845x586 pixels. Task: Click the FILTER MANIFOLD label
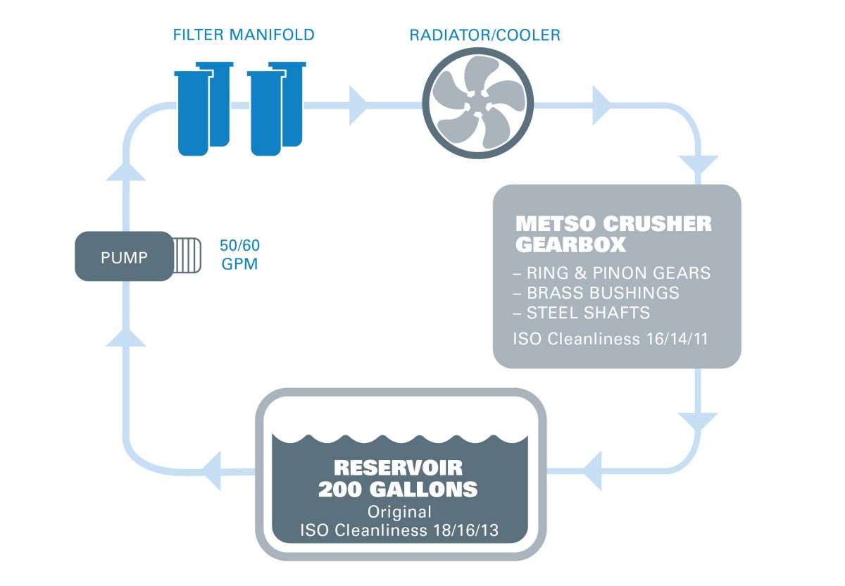coord(244,35)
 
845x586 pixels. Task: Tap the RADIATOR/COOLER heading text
coord(485,35)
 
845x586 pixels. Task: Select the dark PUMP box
coord(124,256)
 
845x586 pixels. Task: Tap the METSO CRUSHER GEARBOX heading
coord(613,234)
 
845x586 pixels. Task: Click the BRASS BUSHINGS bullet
coord(603,292)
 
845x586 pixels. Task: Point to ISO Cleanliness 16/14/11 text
coord(610,339)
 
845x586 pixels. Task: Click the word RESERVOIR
coord(398,467)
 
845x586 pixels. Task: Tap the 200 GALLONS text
coord(398,489)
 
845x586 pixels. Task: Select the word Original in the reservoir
coord(400,512)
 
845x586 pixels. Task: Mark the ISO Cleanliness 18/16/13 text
coord(400,530)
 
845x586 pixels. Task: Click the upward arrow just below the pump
coord(127,337)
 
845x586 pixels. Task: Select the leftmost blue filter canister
coord(193,113)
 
